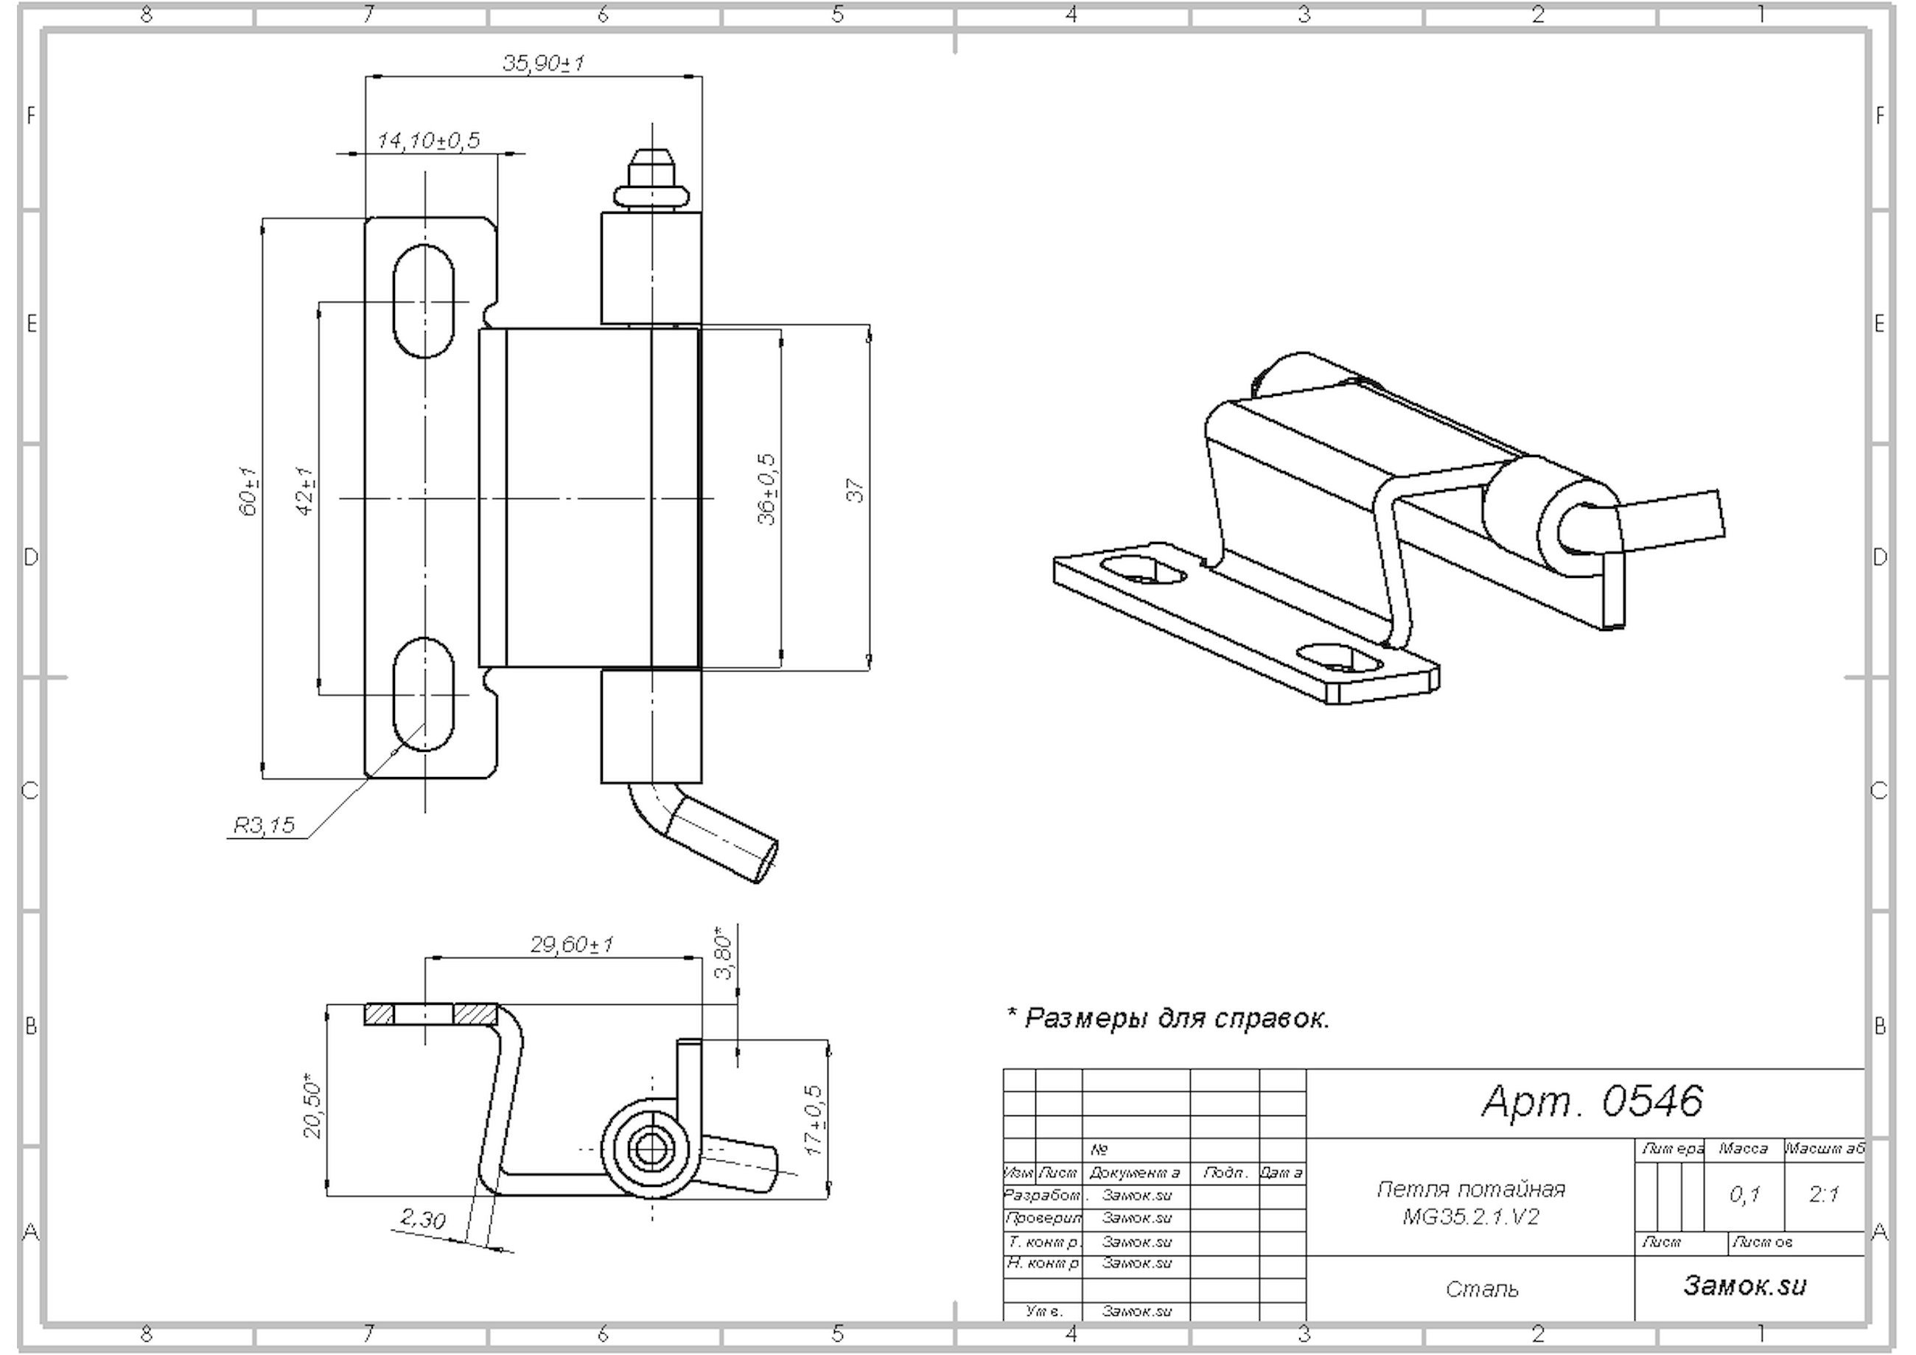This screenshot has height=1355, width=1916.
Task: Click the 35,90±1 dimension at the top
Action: pos(543,63)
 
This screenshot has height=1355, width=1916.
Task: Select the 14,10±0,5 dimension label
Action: pos(429,140)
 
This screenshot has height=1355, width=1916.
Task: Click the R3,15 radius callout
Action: pos(264,826)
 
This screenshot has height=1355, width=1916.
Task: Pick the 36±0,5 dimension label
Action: pos(767,490)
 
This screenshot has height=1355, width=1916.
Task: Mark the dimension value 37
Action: pos(856,490)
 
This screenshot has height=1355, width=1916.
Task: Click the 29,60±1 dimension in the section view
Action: pos(573,944)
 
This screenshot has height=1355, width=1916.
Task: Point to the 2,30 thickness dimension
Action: pos(422,1220)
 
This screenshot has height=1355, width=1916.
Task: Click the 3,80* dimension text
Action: pos(724,952)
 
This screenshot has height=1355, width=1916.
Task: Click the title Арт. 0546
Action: pos(1592,1101)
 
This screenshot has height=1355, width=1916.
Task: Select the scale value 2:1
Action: pos(1824,1195)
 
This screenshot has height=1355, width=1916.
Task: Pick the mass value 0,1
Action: pos(1744,1196)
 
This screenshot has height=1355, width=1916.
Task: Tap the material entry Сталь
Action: pos(1482,1289)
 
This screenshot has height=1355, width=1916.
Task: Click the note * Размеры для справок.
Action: pos(1169,1019)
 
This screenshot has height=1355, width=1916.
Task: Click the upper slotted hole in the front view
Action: pos(424,302)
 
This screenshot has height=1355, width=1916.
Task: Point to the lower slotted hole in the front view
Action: pos(424,694)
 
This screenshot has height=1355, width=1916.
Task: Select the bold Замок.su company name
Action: pos(1745,1285)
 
